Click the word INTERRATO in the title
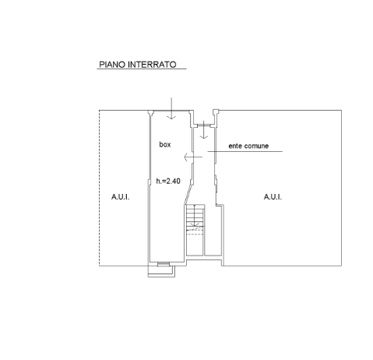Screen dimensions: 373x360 tap(153, 65)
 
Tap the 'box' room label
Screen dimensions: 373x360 tap(165, 144)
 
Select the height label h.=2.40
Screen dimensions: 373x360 tap(168, 181)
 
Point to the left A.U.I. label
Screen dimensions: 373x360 tap(121, 197)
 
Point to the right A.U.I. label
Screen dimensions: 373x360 tap(273, 197)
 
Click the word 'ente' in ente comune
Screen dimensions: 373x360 tap(235, 146)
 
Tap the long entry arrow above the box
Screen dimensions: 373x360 tap(171, 108)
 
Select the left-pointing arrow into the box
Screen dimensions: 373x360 tap(193, 157)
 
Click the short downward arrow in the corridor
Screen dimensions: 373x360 tap(204, 129)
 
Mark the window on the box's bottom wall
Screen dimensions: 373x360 tap(164, 264)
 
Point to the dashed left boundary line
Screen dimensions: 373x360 tap(100, 188)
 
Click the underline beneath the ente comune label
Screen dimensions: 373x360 tap(245, 151)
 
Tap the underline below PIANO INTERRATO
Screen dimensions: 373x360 tap(142, 69)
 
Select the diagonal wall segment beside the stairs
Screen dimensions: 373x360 tap(188, 195)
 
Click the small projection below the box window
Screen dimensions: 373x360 tap(161, 271)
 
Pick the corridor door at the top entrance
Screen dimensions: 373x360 tap(204, 125)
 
